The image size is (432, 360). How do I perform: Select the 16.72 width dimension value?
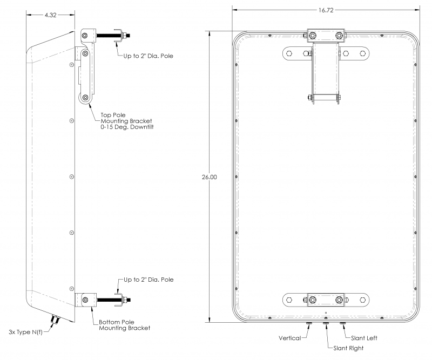click(326, 11)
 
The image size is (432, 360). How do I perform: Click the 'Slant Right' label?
click(348, 348)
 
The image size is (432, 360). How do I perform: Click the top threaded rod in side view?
click(111, 37)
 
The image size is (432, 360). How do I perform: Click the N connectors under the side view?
click(55, 321)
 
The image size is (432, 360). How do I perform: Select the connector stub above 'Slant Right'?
click(326, 324)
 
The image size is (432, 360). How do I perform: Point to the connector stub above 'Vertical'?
click(309, 324)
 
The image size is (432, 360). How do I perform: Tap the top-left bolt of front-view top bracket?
click(313, 36)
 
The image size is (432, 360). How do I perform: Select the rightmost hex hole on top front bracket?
click(362, 53)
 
